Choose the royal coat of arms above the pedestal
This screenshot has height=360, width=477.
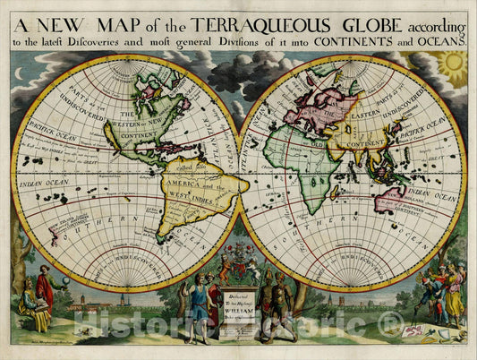(x=239, y=268)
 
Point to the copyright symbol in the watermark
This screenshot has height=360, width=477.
(x=388, y=323)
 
